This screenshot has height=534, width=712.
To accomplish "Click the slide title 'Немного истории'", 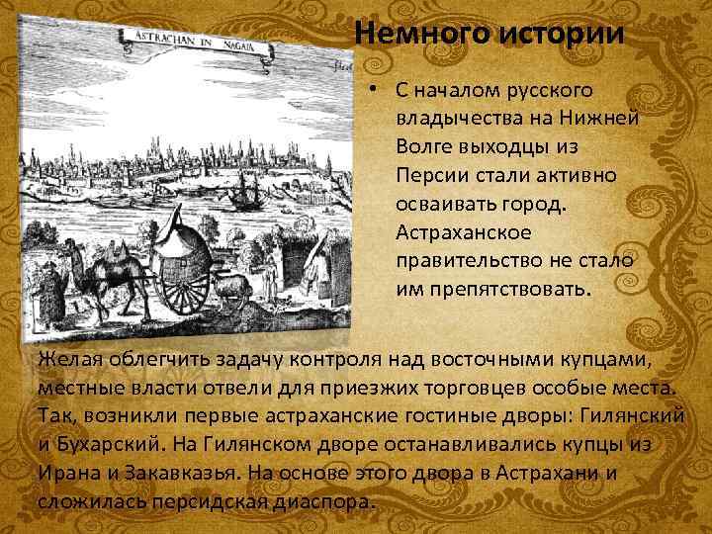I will tap(489, 34).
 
